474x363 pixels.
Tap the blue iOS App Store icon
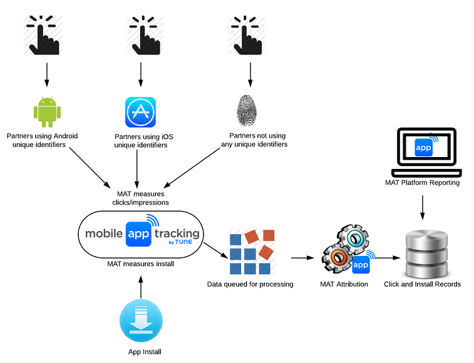[140, 112]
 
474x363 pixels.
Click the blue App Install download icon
[141, 320]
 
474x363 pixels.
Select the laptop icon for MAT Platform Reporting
[425, 153]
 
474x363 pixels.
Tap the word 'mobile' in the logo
[105, 233]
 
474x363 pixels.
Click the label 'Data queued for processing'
[250, 284]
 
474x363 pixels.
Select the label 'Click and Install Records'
[422, 284]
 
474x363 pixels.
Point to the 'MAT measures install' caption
[140, 263]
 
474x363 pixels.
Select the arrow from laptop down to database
[423, 207]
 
